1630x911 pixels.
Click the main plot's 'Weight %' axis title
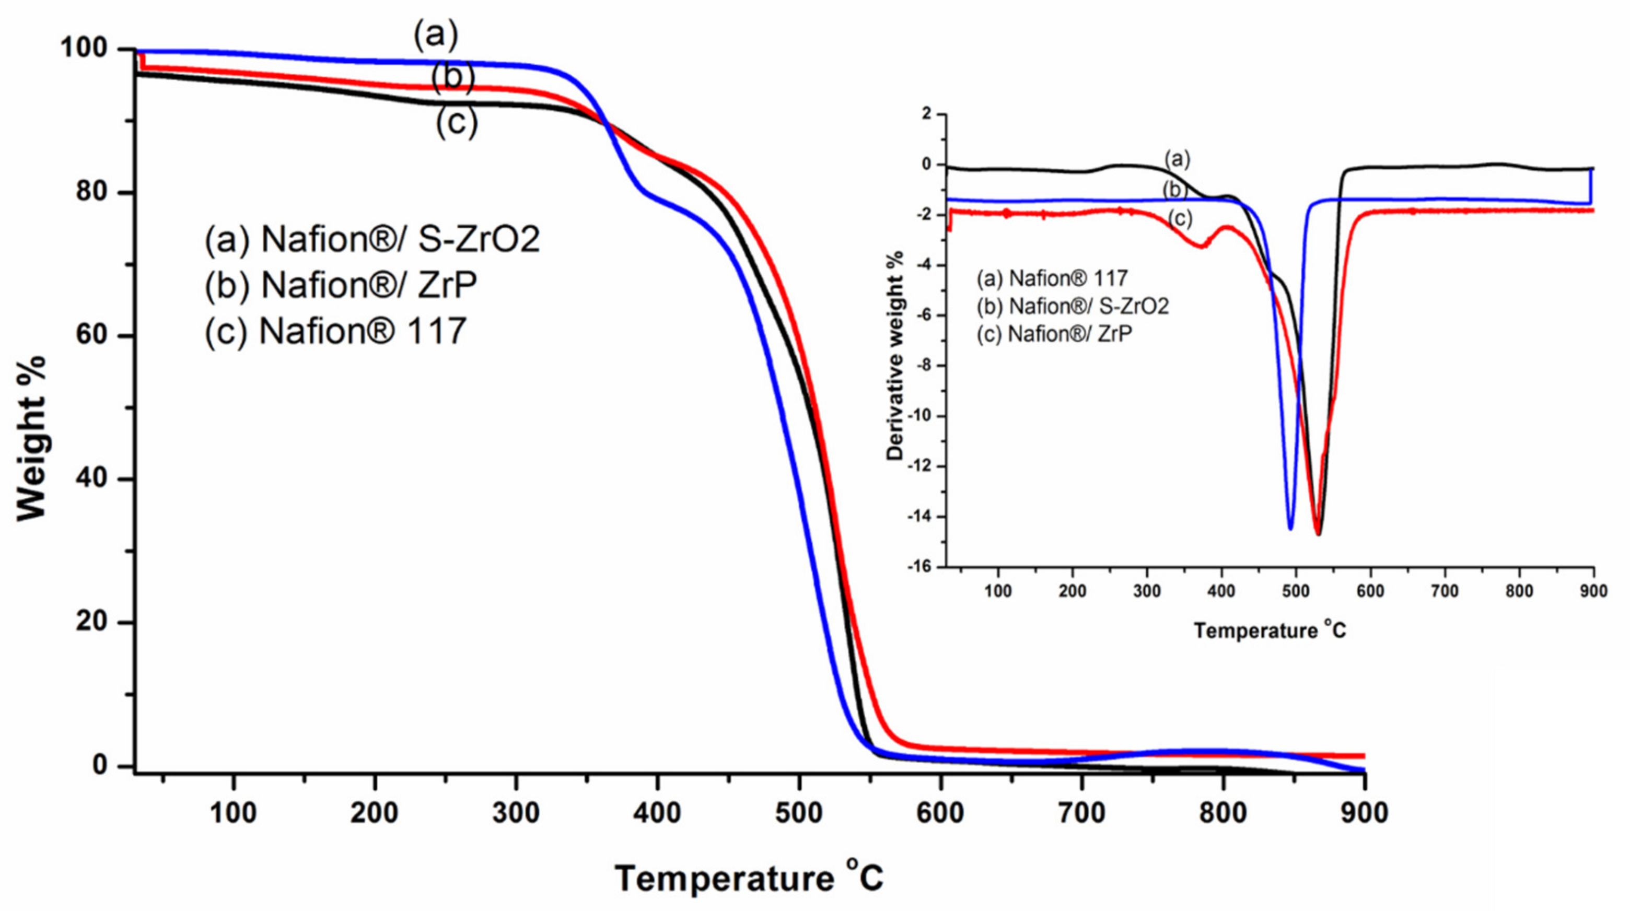tap(32, 438)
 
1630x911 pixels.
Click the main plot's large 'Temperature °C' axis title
tap(749, 878)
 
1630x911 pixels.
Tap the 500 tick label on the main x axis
tap(799, 813)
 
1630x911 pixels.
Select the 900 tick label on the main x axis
tap(1364, 813)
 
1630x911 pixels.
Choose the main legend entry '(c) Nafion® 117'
tap(335, 331)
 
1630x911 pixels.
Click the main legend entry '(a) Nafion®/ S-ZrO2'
tap(372, 239)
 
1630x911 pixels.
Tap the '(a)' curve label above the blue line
tap(435, 35)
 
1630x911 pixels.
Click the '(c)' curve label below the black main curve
tap(456, 122)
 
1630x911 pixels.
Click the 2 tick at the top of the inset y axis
tap(926, 114)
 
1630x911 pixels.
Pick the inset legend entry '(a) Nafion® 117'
tap(1052, 278)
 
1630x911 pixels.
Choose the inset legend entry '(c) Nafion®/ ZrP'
tap(1054, 334)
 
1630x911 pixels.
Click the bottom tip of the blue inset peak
tap(1290, 528)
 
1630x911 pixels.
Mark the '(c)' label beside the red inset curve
tap(1180, 219)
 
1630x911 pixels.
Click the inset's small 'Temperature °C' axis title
tap(1270, 630)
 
